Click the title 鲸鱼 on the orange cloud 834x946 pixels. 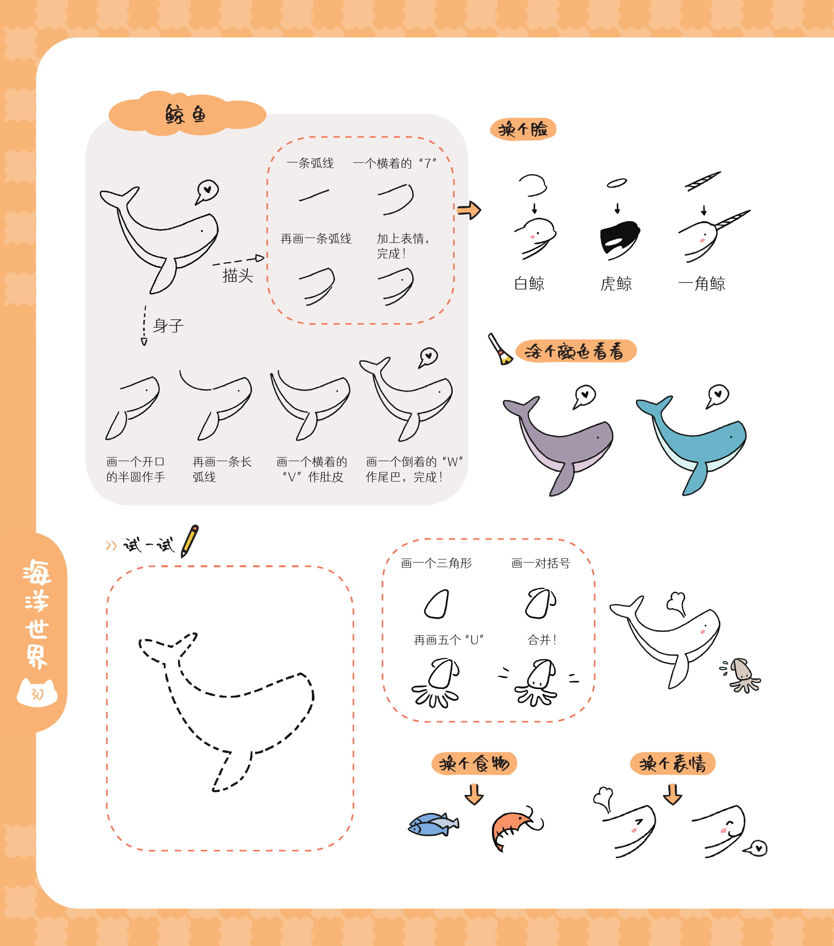(x=185, y=114)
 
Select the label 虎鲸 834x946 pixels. (x=616, y=283)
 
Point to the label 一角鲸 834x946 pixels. (x=702, y=283)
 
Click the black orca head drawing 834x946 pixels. (x=619, y=237)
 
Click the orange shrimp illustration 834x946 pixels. (x=515, y=829)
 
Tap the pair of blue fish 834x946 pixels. (x=433, y=824)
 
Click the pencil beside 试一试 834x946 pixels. (x=190, y=541)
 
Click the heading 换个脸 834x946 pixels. (x=523, y=129)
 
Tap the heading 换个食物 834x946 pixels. (x=474, y=763)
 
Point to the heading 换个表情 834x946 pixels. (x=673, y=763)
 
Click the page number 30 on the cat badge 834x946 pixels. (x=37, y=694)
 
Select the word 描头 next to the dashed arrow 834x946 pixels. (x=237, y=276)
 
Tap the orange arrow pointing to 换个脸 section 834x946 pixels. (x=469, y=210)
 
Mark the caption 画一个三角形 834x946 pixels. (x=436, y=563)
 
